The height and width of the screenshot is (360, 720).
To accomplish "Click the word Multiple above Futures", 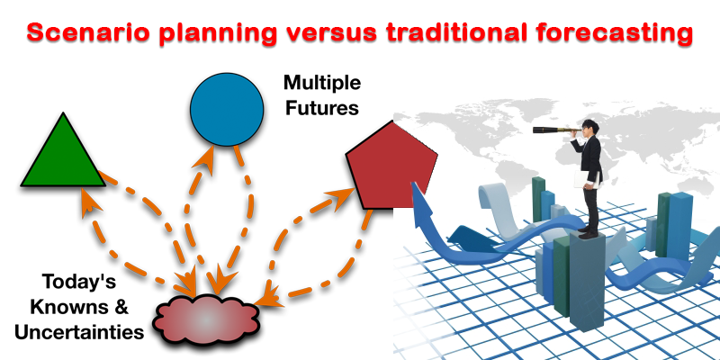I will coord(322,84).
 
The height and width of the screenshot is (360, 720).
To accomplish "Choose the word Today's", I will coord(76,282).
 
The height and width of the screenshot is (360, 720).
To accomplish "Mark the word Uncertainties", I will coord(78,332).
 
